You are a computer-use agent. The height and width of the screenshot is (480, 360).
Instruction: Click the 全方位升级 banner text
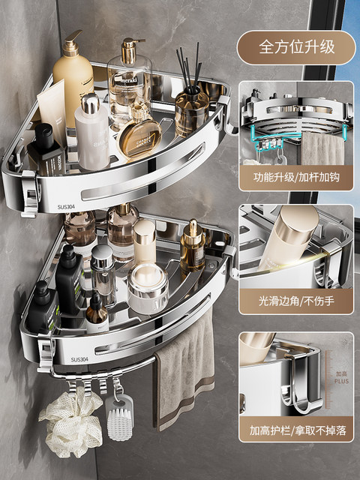pyautogui.click(x=295, y=46)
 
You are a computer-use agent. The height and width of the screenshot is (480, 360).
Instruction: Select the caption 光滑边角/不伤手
pyautogui.click(x=295, y=306)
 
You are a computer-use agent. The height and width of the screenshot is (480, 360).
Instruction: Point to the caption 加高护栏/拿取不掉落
pyautogui.click(x=296, y=431)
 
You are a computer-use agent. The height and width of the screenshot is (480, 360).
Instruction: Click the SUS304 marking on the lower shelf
pyautogui.click(x=79, y=359)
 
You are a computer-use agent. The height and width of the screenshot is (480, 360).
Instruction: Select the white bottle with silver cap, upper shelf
pyautogui.click(x=92, y=135)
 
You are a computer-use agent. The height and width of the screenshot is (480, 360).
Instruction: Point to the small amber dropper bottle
pyautogui.click(x=96, y=312)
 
